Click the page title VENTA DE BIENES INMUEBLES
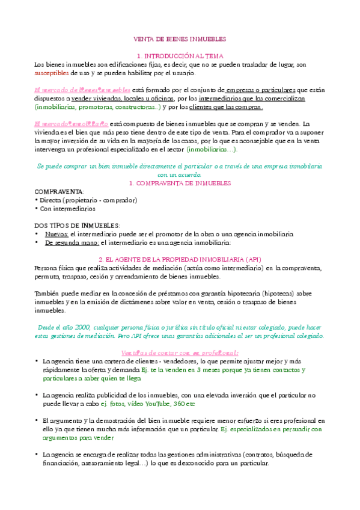click(180, 38)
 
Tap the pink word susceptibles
click(51, 73)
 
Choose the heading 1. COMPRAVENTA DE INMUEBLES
click(179, 182)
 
